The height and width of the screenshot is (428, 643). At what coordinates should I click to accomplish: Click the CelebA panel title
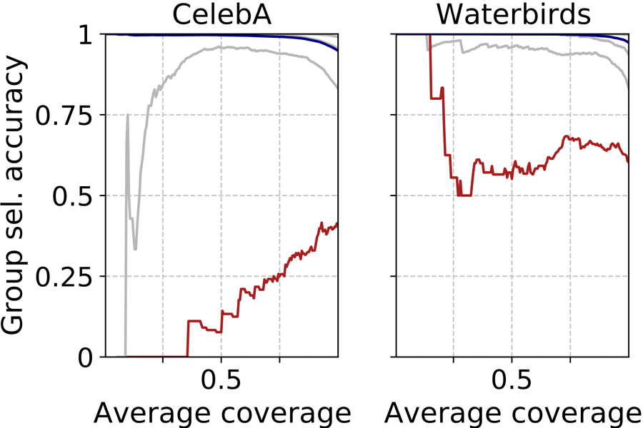[221, 14]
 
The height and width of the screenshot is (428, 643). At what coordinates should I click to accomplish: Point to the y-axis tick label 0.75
[69, 115]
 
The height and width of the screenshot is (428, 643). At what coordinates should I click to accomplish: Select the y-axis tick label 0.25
[69, 276]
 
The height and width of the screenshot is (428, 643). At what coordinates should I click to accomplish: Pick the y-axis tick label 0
[89, 357]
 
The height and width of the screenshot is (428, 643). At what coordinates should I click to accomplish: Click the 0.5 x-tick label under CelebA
[221, 381]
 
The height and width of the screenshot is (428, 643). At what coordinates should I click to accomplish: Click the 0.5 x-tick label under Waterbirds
[512, 381]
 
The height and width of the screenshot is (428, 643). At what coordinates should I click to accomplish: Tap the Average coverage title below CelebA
[221, 412]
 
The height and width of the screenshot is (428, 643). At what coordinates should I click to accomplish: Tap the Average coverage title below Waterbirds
[512, 412]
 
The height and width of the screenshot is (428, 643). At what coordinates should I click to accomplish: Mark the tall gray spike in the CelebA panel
[127, 116]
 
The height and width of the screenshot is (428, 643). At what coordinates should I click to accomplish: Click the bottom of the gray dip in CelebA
[135, 248]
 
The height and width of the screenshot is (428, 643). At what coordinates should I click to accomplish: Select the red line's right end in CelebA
[337, 223]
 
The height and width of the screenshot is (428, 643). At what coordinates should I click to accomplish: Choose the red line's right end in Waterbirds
[628, 161]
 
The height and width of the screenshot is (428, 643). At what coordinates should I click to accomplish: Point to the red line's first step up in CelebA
[188, 322]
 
